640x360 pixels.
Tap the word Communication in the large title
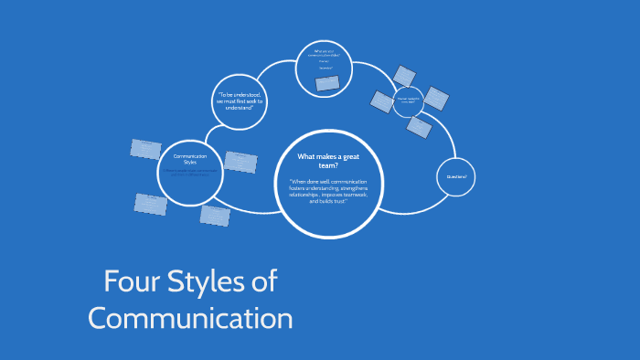tap(190, 318)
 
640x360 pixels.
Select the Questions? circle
tap(456, 176)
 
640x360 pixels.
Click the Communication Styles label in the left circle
tap(190, 159)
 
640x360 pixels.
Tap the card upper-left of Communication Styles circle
tap(145, 148)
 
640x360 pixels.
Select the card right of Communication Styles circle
tap(240, 162)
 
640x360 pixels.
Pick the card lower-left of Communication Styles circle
tap(151, 204)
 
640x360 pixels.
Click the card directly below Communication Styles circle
tap(216, 216)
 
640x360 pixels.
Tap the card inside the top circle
tap(326, 84)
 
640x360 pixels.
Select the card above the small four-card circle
tap(403, 75)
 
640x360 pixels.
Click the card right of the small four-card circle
tap(436, 98)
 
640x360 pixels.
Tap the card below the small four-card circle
tap(419, 127)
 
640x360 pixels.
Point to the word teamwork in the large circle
tap(344, 194)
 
